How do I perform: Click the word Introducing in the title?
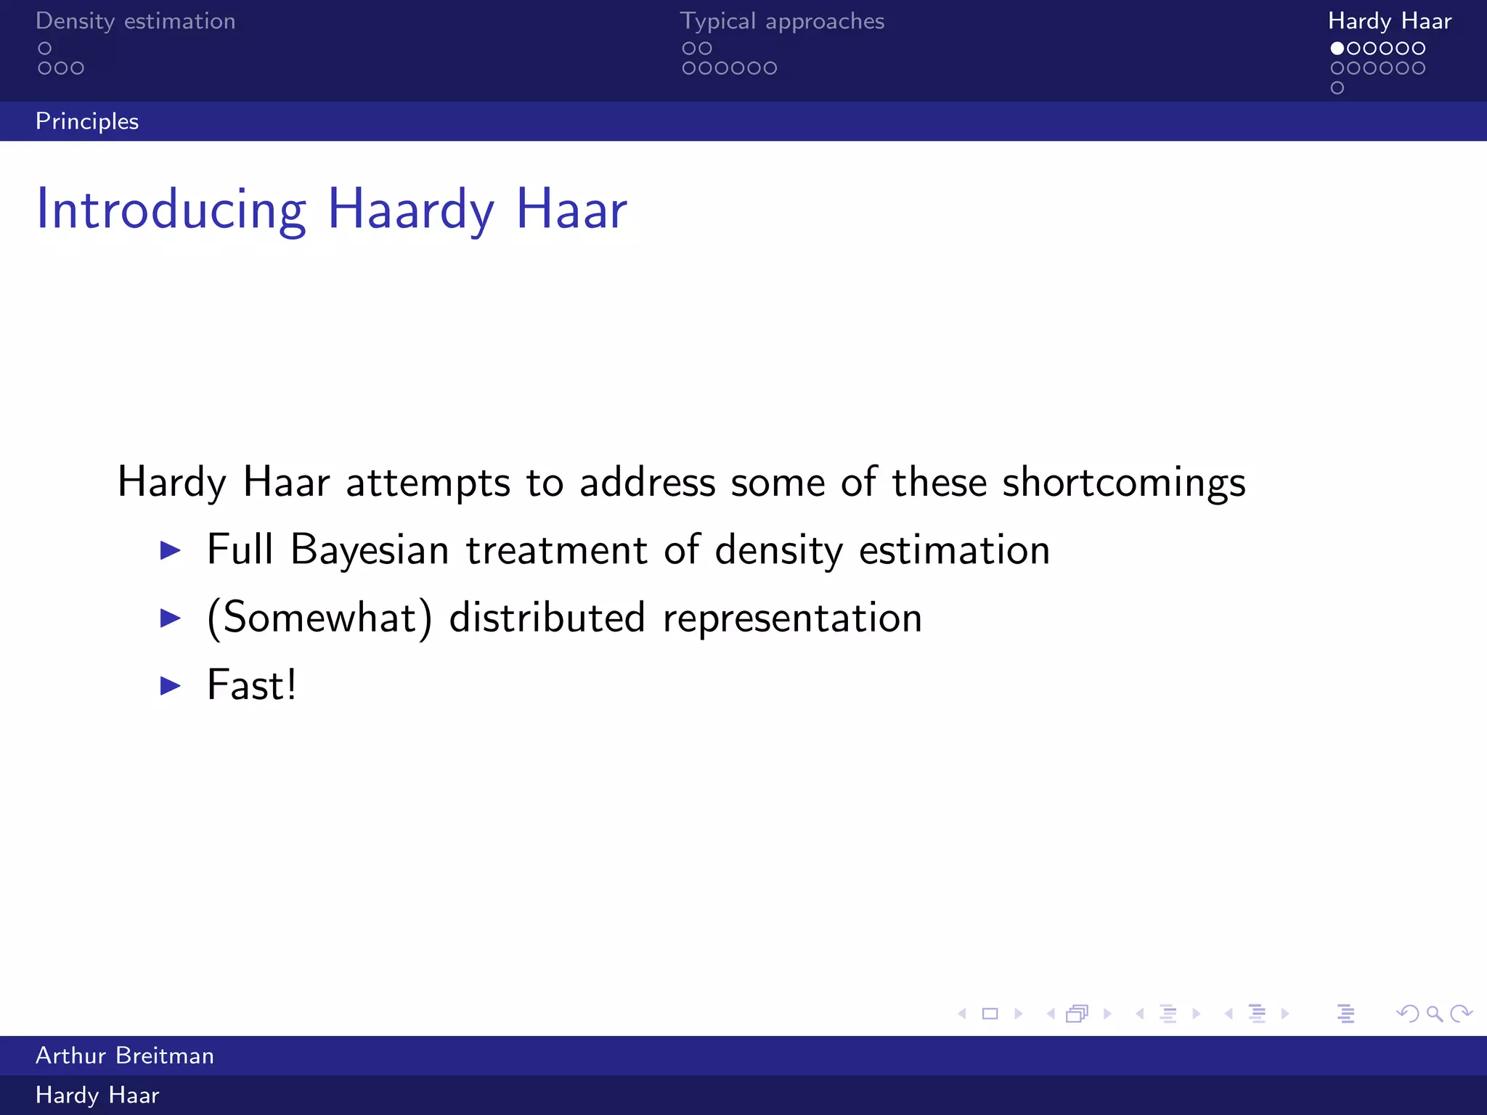click(x=171, y=211)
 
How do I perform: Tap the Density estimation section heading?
click(x=136, y=21)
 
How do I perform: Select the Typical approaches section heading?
click(x=782, y=21)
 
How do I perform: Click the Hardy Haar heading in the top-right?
click(x=1389, y=21)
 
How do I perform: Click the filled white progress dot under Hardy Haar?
click(x=1337, y=49)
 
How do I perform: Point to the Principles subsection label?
click(x=87, y=121)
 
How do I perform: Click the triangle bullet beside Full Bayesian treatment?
click(x=170, y=550)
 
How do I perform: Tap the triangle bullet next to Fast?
click(x=170, y=685)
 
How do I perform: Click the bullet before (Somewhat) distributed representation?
click(x=170, y=618)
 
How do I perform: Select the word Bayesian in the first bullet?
click(x=370, y=550)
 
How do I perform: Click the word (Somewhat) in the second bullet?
click(x=319, y=618)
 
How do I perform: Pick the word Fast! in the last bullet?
click(x=251, y=685)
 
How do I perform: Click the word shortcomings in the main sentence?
click(x=1123, y=483)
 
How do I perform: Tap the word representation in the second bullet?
click(x=792, y=618)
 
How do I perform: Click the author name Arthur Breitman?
click(x=125, y=1055)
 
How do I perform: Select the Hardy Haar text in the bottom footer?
click(x=97, y=1095)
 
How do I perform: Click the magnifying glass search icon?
click(x=1434, y=1014)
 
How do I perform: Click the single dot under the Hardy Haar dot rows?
click(x=1337, y=88)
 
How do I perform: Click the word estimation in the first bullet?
click(x=954, y=550)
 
